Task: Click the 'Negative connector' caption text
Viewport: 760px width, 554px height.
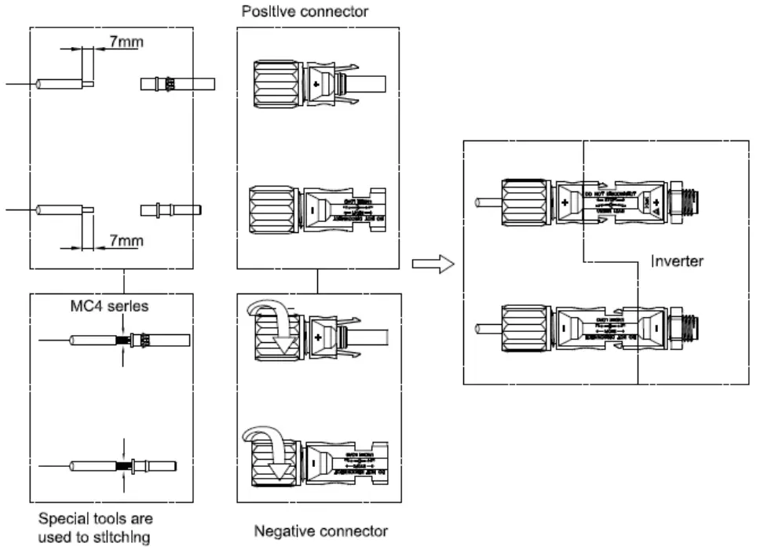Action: point(320,531)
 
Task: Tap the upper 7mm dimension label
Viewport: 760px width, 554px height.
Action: point(126,42)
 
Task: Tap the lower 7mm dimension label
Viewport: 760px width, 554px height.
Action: point(126,240)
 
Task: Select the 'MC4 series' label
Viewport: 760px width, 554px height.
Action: point(110,306)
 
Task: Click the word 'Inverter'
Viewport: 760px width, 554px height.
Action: point(677,261)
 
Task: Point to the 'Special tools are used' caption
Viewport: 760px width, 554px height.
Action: point(95,527)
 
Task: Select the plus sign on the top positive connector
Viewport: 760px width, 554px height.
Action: point(316,82)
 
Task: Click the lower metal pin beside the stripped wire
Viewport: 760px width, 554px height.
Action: point(171,210)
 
